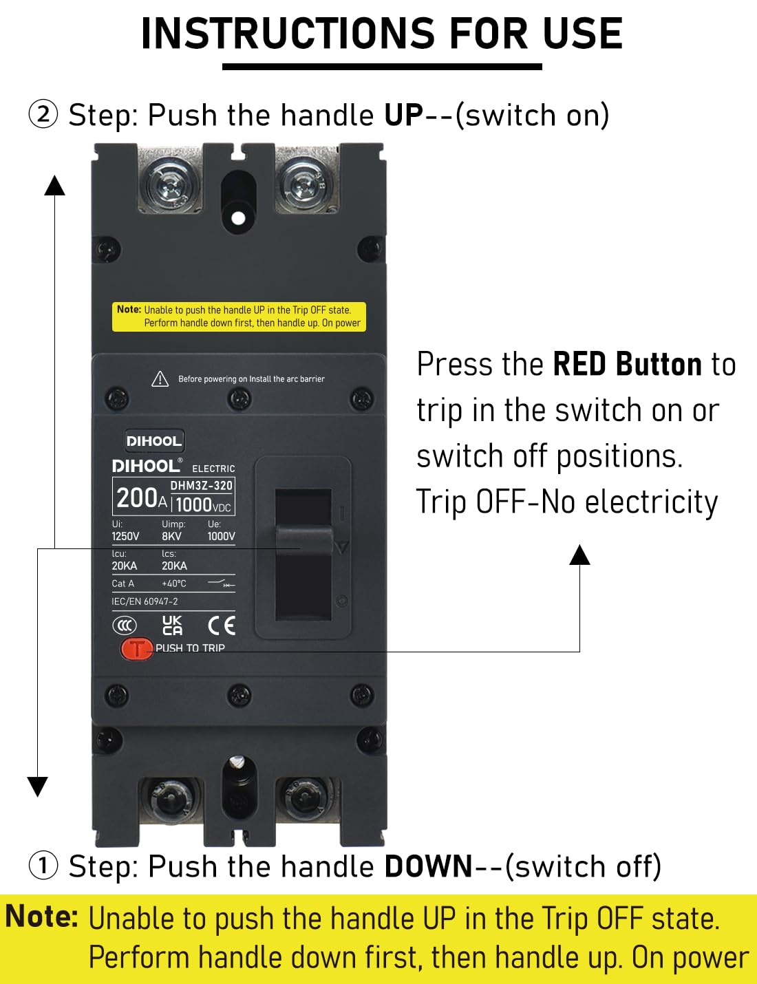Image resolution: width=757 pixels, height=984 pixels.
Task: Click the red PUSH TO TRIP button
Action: tap(137, 648)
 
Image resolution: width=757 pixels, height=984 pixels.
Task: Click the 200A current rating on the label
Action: tap(141, 498)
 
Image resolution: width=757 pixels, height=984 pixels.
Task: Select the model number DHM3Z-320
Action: tap(202, 486)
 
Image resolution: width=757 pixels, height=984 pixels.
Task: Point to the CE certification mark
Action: tap(222, 625)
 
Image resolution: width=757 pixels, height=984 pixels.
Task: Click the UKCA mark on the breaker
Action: tap(172, 625)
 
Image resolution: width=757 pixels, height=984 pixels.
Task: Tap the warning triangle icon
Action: tap(160, 379)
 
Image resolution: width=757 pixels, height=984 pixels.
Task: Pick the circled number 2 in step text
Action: tap(43, 114)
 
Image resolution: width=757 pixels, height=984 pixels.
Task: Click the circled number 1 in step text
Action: tap(43, 865)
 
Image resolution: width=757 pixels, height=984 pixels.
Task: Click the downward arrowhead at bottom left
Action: tap(37, 786)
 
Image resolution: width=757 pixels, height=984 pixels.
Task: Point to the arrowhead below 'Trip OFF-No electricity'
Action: tap(580, 555)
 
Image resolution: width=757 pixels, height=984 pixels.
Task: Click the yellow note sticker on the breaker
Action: tap(239, 317)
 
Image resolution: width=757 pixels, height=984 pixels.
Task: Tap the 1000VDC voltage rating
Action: tap(203, 505)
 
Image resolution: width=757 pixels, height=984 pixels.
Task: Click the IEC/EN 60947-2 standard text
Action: tap(145, 601)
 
